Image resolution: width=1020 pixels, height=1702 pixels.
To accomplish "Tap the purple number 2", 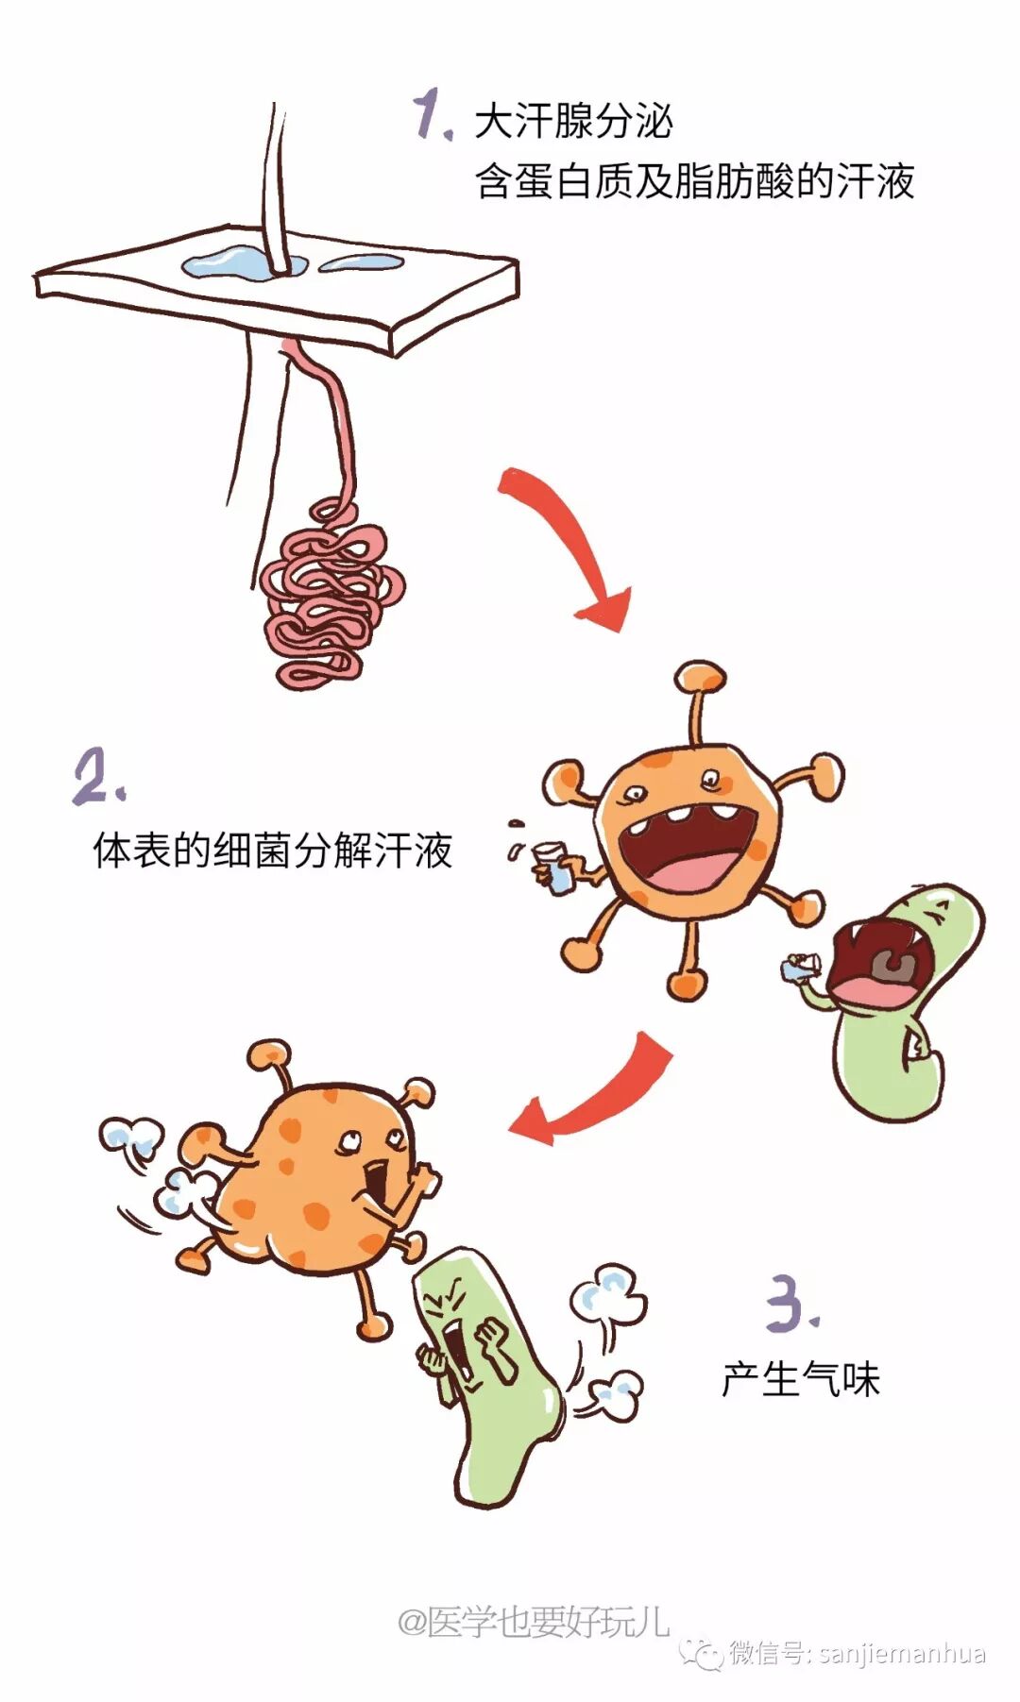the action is [97, 777].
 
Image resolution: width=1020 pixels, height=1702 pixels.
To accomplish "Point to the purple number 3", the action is [791, 1304].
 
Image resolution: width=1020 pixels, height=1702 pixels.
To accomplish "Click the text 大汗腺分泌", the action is [573, 123].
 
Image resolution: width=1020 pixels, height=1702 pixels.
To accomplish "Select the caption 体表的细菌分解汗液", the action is [273, 851].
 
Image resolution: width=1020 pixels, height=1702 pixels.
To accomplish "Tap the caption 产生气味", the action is [801, 1380].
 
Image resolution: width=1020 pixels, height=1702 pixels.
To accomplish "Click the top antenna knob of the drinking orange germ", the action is [700, 676].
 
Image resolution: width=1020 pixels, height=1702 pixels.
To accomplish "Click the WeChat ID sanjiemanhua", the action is [902, 1654].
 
